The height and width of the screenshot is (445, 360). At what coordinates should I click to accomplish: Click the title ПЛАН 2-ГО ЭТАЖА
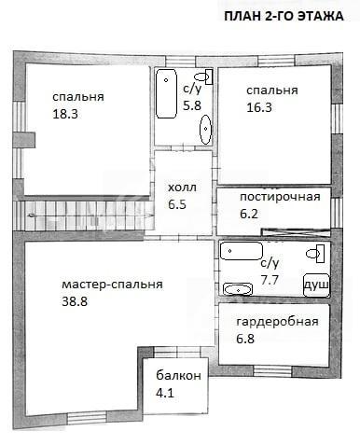(284, 16)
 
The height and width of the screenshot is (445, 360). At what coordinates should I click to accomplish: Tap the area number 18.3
(65, 114)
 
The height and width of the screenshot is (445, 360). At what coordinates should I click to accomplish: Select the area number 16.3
(259, 107)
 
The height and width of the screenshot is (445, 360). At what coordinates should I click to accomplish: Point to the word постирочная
(280, 197)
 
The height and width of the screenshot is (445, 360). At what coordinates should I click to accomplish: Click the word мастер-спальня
(112, 285)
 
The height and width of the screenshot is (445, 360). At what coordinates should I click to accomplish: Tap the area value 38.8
(75, 301)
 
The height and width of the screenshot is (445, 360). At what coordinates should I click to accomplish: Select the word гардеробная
(278, 322)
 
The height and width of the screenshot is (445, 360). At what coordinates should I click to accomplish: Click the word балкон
(178, 376)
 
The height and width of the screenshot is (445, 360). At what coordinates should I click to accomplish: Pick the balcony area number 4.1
(165, 393)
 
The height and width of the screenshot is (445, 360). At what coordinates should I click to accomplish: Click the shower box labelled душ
(316, 285)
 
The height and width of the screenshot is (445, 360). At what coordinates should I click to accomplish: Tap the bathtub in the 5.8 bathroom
(166, 93)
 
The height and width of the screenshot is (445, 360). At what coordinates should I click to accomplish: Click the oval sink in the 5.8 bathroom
(205, 130)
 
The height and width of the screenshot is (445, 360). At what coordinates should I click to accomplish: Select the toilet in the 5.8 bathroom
(203, 76)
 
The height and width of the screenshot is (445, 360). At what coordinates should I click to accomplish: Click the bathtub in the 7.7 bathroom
(242, 251)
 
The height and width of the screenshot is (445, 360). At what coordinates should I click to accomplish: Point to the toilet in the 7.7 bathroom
(315, 254)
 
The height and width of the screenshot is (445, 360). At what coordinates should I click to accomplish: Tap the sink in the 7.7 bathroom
(238, 289)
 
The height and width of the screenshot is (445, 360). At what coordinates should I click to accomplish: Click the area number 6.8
(245, 339)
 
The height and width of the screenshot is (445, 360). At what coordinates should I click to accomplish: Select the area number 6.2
(249, 214)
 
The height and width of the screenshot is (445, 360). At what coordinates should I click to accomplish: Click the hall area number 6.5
(177, 205)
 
